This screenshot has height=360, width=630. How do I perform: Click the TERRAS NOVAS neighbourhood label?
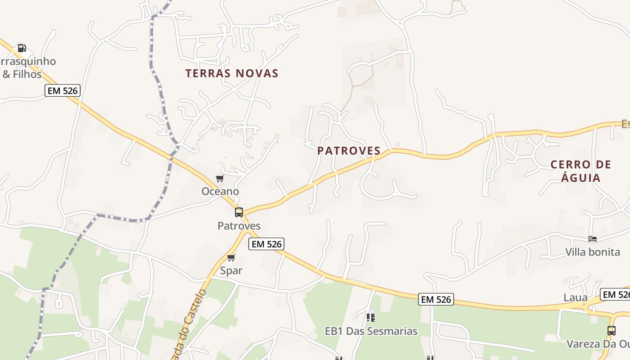click(x=232, y=73)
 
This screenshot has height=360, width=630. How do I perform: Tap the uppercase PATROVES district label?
click(x=349, y=151)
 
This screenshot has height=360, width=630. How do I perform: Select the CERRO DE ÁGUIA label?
click(x=581, y=171)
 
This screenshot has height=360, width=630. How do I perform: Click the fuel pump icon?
click(x=22, y=48)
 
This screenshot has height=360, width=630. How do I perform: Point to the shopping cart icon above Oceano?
click(x=220, y=179)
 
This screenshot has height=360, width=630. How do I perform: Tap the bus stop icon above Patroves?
click(x=239, y=212)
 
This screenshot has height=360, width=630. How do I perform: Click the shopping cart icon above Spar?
click(x=231, y=258)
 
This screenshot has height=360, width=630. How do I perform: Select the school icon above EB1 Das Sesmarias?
click(x=371, y=318)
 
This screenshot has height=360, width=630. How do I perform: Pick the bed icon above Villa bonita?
click(x=593, y=239)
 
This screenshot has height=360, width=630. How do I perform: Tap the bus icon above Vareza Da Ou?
click(x=612, y=331)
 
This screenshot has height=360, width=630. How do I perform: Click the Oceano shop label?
click(x=220, y=191)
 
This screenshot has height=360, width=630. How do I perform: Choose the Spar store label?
click(x=231, y=270)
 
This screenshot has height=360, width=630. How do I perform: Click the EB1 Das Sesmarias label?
click(x=371, y=331)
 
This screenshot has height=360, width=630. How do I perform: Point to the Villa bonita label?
click(x=593, y=252)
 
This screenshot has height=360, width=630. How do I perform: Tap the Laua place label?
click(x=576, y=297)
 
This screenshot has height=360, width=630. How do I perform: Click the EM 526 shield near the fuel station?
click(x=63, y=90)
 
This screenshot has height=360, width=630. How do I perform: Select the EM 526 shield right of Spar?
click(x=266, y=244)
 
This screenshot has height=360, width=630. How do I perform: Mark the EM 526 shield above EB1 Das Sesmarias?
click(x=436, y=299)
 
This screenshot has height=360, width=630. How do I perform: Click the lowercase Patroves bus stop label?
click(x=239, y=225)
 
